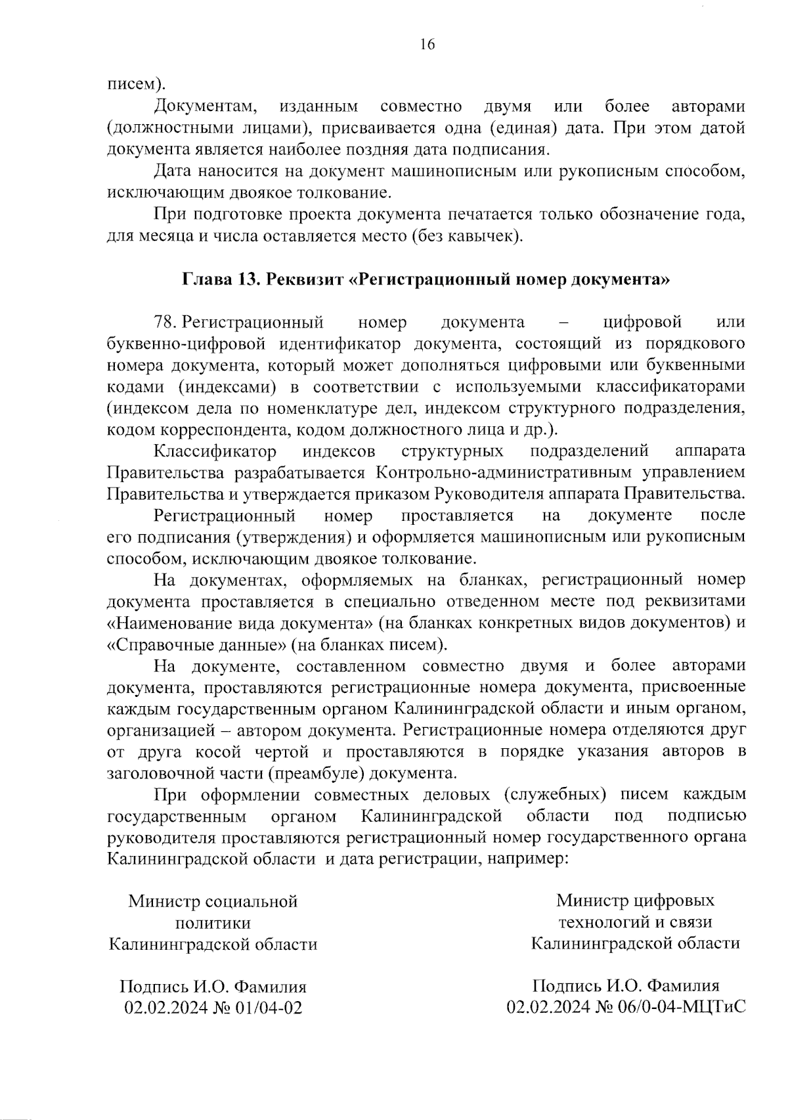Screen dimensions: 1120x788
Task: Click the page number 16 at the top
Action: point(427,45)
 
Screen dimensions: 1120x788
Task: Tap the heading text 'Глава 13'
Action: point(218,279)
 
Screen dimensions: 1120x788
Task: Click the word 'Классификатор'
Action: point(215,451)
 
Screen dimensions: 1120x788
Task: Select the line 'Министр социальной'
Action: point(213,901)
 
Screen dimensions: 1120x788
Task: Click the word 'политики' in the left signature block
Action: point(213,923)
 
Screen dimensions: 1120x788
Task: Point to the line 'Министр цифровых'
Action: point(635,901)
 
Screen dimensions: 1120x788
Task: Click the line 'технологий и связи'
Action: point(635,922)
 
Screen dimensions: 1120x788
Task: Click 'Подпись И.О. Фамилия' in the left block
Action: point(213,987)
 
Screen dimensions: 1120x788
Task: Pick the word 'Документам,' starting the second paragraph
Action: point(204,106)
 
